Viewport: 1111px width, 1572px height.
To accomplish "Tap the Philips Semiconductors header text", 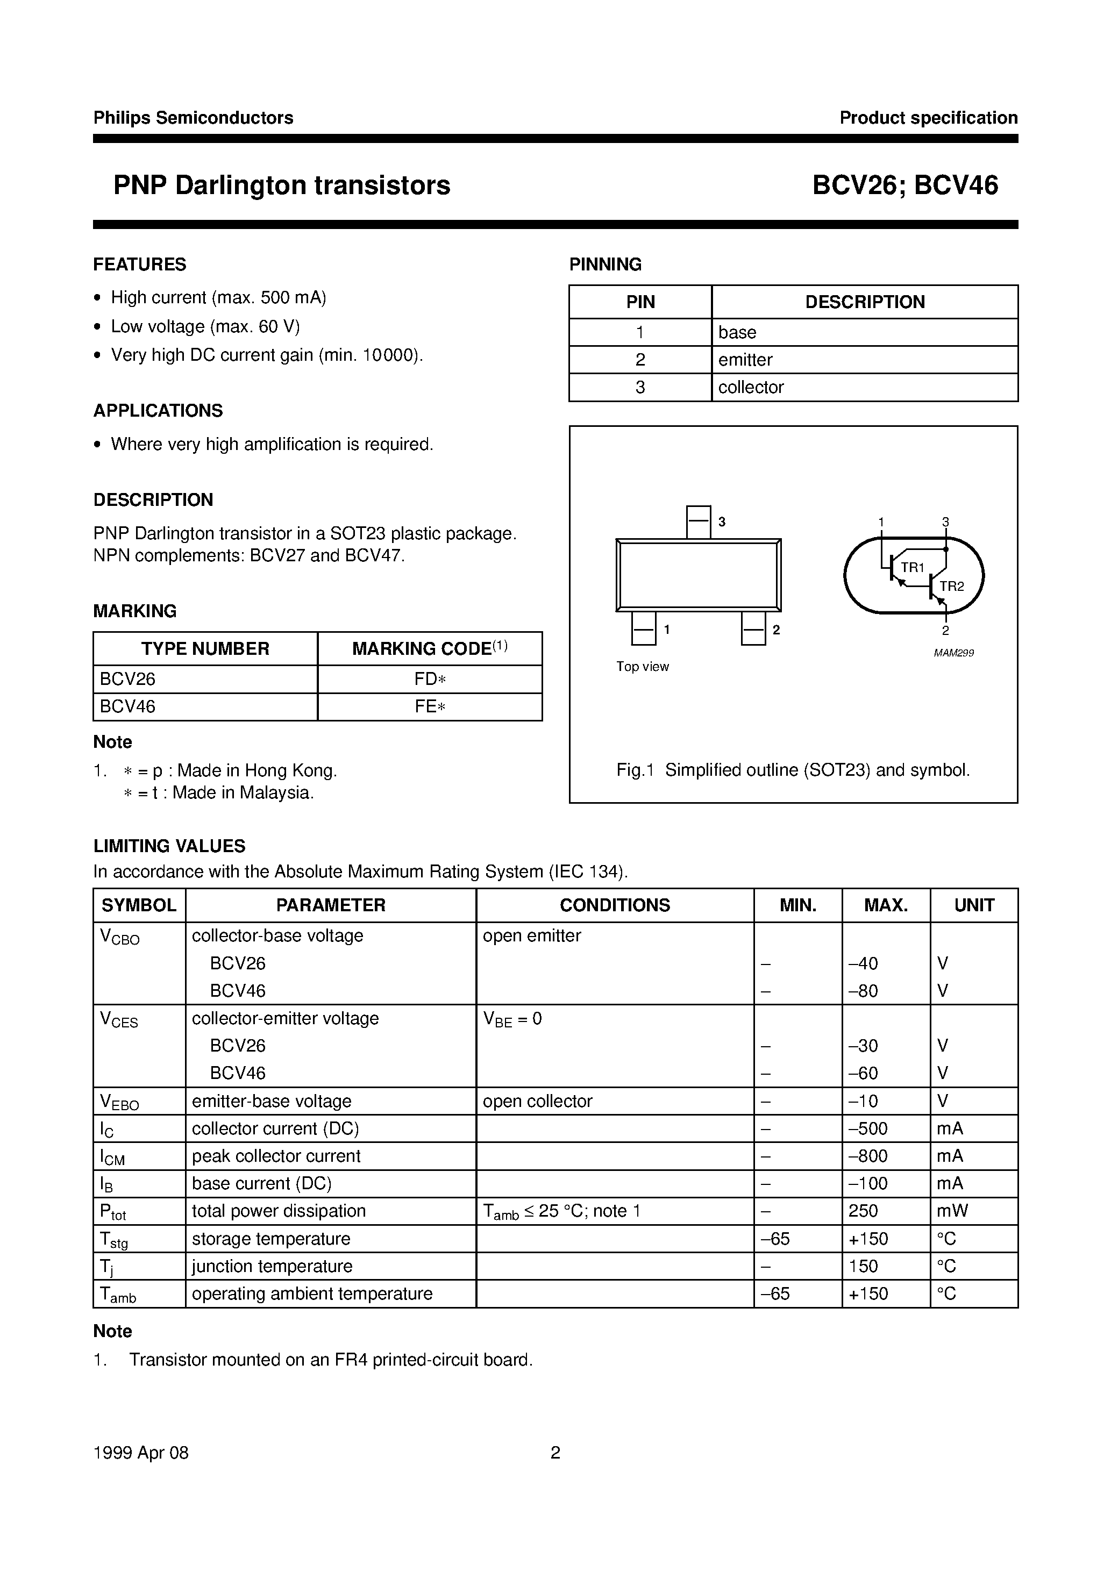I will (193, 118).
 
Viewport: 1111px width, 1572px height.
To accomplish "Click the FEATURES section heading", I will (140, 265).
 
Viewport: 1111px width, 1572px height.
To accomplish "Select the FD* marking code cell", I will (430, 679).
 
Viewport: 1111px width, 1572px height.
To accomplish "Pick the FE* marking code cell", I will (430, 706).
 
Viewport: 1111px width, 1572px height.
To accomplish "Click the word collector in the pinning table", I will (751, 388).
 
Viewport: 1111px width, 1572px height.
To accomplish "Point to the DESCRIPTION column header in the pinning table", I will (864, 302).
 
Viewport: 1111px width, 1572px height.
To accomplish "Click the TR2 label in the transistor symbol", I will (951, 586).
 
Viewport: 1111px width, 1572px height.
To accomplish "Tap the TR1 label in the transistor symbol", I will (913, 568).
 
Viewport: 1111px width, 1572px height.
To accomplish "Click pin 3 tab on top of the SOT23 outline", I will (698, 521).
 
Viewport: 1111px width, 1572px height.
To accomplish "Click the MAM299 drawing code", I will (953, 653).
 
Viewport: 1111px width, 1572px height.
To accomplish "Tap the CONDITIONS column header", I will (615, 905).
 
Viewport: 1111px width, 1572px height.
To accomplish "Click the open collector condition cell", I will (537, 1102).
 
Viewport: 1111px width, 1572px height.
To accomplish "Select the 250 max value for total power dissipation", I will (863, 1211).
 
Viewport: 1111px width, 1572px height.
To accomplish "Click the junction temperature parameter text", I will (272, 1267).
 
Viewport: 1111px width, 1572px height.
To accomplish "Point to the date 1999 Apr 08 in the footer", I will (140, 1453).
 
